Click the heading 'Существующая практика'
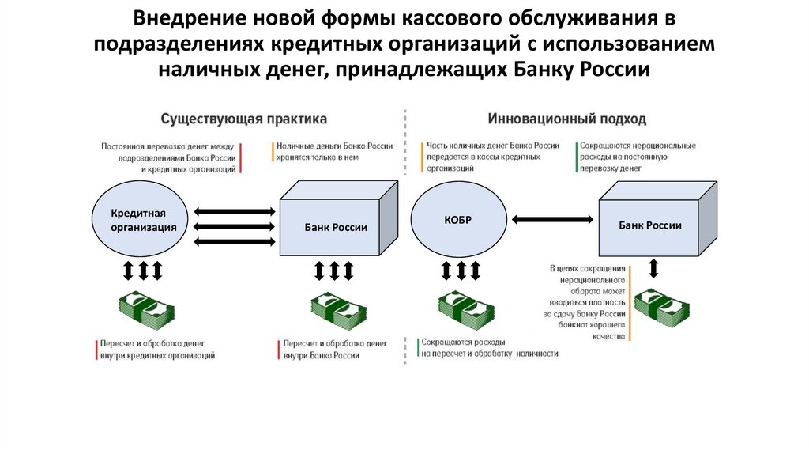point(243,119)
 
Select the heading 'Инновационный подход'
point(566,119)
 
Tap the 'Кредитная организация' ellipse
point(143,221)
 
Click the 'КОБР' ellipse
point(457,220)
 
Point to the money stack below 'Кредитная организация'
point(145,310)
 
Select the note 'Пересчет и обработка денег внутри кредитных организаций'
point(156,350)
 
